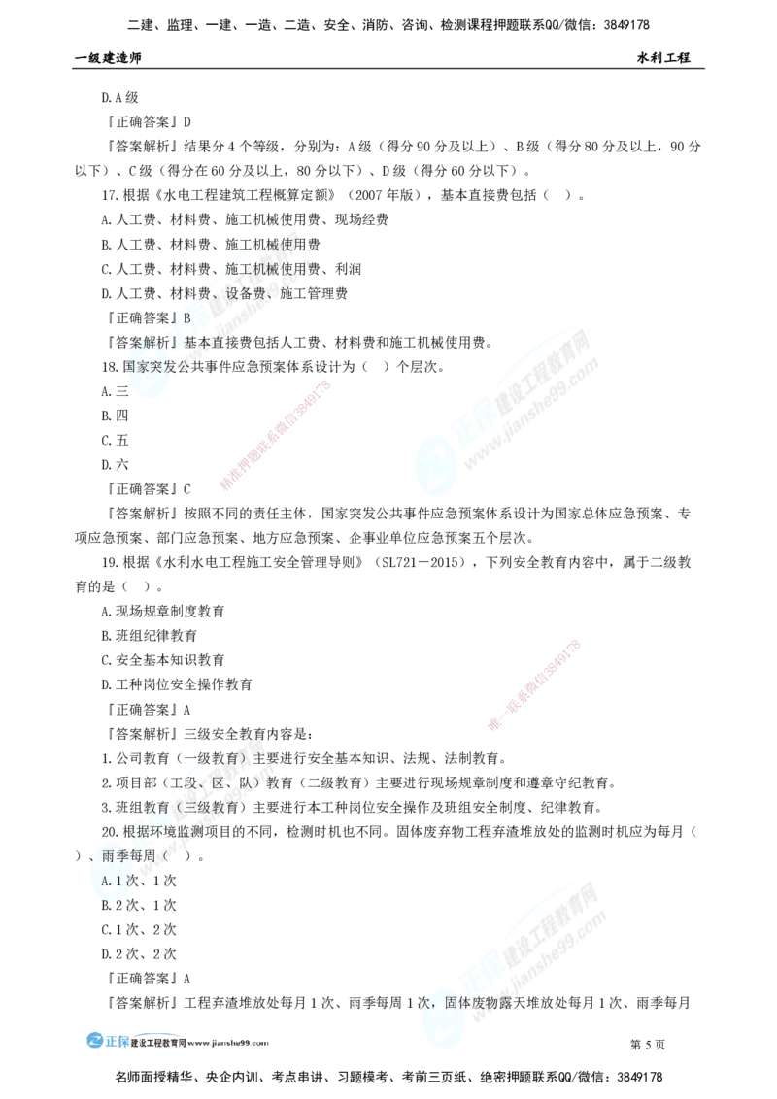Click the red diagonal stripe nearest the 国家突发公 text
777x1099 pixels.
[x=277, y=435]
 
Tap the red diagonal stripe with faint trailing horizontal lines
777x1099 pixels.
[x=535, y=683]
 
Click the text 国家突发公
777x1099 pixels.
[x=159, y=367]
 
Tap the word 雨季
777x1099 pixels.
[x=122, y=855]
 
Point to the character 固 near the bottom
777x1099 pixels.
[x=452, y=1000]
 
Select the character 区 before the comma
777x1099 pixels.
[x=220, y=783]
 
